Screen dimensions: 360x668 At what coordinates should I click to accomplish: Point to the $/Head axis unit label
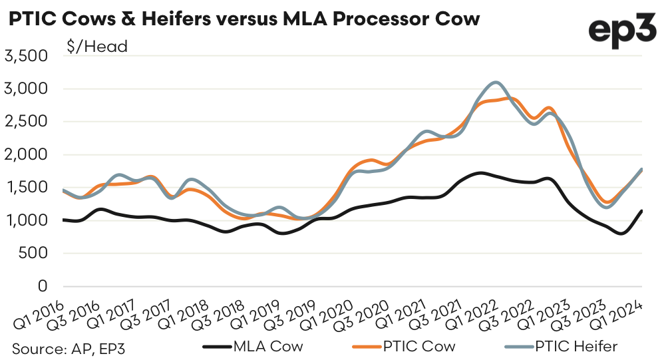pos(96,47)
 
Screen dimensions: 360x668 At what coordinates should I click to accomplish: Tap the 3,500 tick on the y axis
pos(27,56)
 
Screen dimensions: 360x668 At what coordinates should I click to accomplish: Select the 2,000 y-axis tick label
pos(27,154)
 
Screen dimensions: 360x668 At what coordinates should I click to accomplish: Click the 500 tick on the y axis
pos(33,253)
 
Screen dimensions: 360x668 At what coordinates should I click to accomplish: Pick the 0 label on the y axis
pos(44,286)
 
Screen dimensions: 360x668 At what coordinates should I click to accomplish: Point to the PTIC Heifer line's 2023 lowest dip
pos(606,207)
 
